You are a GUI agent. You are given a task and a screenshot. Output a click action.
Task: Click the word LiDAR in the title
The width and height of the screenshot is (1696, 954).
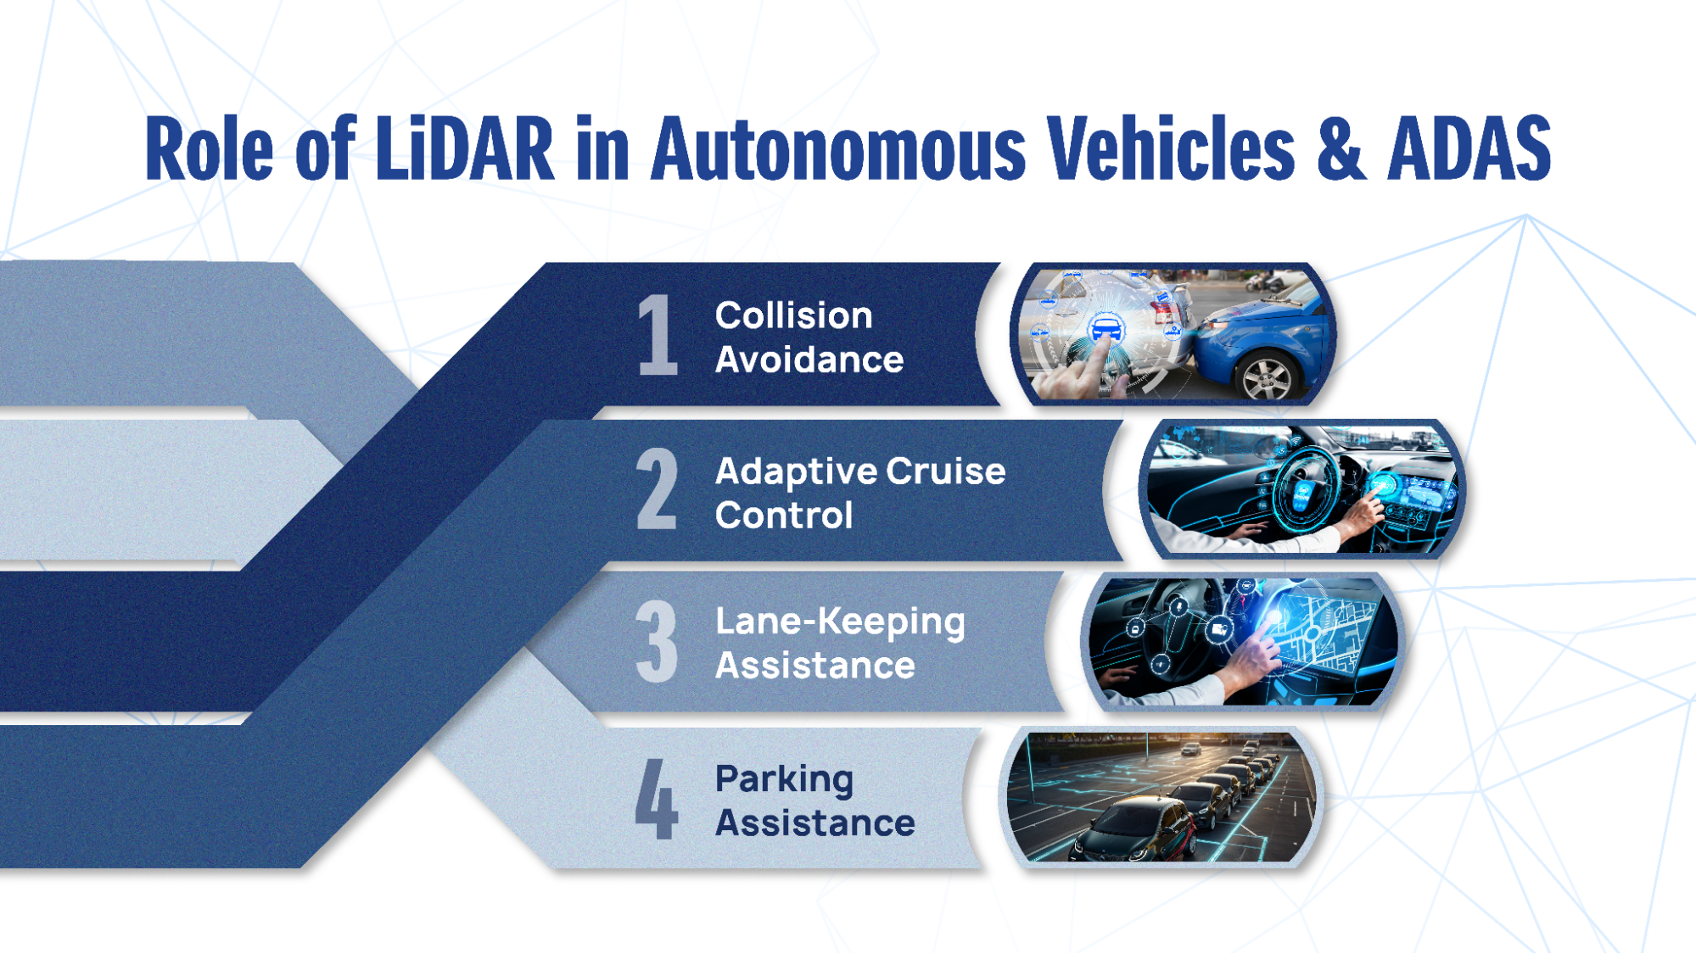click(x=464, y=149)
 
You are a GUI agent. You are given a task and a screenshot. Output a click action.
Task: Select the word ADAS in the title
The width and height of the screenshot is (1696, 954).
click(x=1469, y=149)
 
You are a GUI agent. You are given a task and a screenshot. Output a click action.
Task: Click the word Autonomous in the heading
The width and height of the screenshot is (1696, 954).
click(x=838, y=149)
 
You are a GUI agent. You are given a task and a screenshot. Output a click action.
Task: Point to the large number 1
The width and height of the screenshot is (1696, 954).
click(x=658, y=335)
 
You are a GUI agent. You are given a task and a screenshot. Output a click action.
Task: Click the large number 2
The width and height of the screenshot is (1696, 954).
click(x=658, y=489)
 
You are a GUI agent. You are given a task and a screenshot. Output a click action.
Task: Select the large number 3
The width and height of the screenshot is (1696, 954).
click(x=657, y=642)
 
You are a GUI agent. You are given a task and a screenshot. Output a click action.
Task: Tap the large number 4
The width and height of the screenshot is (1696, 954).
click(x=656, y=799)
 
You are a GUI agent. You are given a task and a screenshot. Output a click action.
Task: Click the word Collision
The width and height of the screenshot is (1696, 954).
click(x=793, y=315)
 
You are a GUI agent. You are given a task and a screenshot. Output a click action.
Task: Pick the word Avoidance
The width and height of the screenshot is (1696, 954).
click(x=809, y=360)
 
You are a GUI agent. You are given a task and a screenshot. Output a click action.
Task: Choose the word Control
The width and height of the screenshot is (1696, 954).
click(x=784, y=516)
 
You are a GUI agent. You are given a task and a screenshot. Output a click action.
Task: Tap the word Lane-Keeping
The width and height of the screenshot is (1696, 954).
click(x=840, y=622)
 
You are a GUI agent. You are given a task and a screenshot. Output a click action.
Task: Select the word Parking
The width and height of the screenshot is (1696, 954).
click(x=784, y=778)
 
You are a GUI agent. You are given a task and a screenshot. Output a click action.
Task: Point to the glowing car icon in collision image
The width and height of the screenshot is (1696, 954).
click(x=1105, y=327)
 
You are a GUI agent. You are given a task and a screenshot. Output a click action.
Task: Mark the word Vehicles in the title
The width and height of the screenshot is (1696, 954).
click(x=1171, y=149)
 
